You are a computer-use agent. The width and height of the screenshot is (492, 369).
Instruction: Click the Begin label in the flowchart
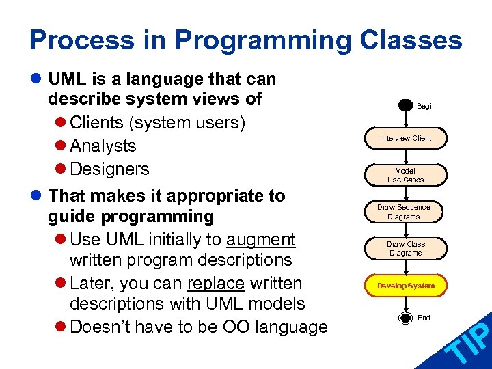(426, 107)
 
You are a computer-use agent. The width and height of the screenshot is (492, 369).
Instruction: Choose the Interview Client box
(405, 138)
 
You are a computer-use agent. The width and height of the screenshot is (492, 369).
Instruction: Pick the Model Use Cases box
(405, 176)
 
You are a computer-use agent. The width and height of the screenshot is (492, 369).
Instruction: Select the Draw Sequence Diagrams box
(404, 212)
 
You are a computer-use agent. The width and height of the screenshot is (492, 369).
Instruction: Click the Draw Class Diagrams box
(405, 248)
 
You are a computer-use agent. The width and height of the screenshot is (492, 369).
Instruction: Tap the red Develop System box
(405, 286)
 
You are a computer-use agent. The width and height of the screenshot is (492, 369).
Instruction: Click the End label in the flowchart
(424, 318)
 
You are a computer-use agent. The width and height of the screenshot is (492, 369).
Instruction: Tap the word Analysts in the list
(103, 146)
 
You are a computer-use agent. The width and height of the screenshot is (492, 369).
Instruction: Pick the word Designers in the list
(109, 168)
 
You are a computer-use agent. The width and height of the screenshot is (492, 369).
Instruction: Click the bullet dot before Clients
(61, 124)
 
